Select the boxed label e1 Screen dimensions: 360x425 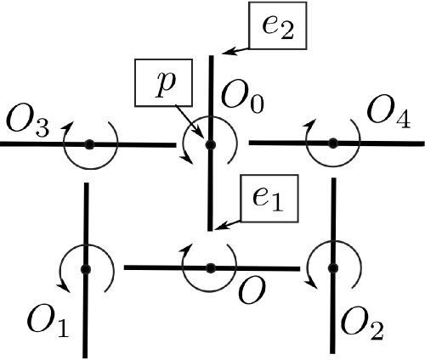267,199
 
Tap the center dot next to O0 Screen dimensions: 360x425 210,144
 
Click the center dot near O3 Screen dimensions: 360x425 88,145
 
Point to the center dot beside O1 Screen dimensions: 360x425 86,269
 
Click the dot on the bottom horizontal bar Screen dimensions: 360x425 211,268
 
